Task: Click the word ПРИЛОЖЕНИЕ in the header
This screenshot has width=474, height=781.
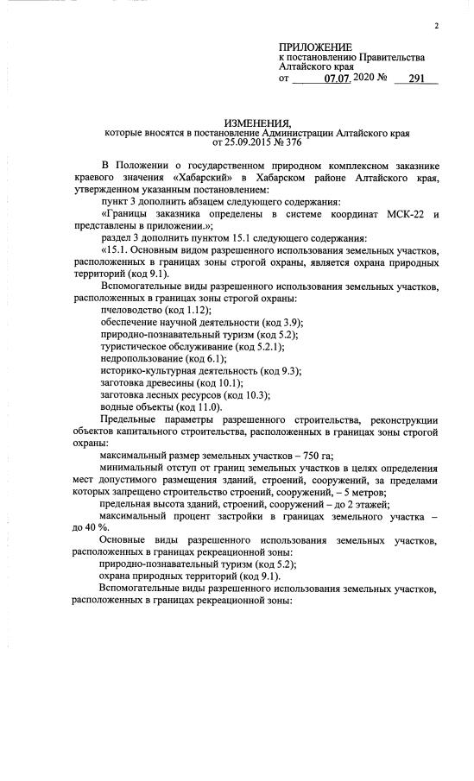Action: [x=315, y=46]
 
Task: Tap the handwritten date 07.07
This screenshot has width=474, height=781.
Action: [x=338, y=79]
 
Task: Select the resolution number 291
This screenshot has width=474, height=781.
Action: [x=415, y=79]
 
